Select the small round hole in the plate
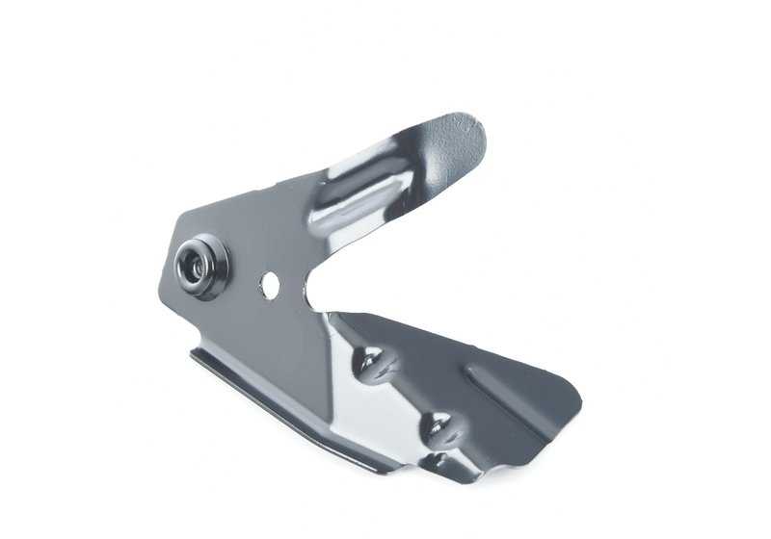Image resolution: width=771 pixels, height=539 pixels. click(x=270, y=283)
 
